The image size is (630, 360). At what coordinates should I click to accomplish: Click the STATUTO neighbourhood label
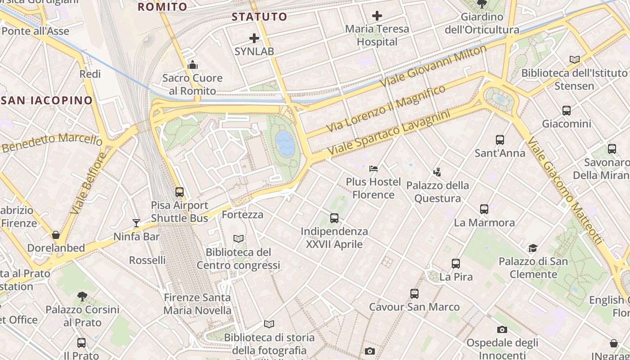pos(259,17)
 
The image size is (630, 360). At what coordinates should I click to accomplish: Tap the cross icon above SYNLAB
pos(254,38)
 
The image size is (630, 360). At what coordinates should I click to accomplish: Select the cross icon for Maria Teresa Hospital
pos(377,16)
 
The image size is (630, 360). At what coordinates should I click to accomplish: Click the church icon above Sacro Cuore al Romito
pos(193,65)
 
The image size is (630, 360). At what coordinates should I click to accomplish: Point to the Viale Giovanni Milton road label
pos(433,67)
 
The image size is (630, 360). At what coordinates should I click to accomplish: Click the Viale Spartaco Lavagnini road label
pos(389,134)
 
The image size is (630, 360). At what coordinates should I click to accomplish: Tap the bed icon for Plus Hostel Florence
pos(373,169)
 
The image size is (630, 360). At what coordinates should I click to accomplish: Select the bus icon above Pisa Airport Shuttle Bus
pos(180,192)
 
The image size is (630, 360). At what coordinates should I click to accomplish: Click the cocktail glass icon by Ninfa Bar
pos(136,223)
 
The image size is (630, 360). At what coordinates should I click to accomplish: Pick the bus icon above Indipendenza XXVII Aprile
pos(334,218)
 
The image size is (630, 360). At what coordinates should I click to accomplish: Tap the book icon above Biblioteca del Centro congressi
pos(238,238)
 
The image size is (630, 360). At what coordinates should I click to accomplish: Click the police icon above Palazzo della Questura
pos(437,172)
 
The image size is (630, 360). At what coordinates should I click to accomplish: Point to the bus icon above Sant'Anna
pos(499,140)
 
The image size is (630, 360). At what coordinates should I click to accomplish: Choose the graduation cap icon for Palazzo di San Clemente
pos(533,248)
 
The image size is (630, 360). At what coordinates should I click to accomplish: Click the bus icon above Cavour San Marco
pos(414,294)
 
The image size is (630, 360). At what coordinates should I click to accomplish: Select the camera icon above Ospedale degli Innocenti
pos(502,330)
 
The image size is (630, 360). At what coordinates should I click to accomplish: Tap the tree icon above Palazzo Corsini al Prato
pos(82,296)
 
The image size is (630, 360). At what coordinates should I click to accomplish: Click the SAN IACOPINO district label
pos(47,100)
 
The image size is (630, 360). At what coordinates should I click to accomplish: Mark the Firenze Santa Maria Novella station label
pos(197,304)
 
